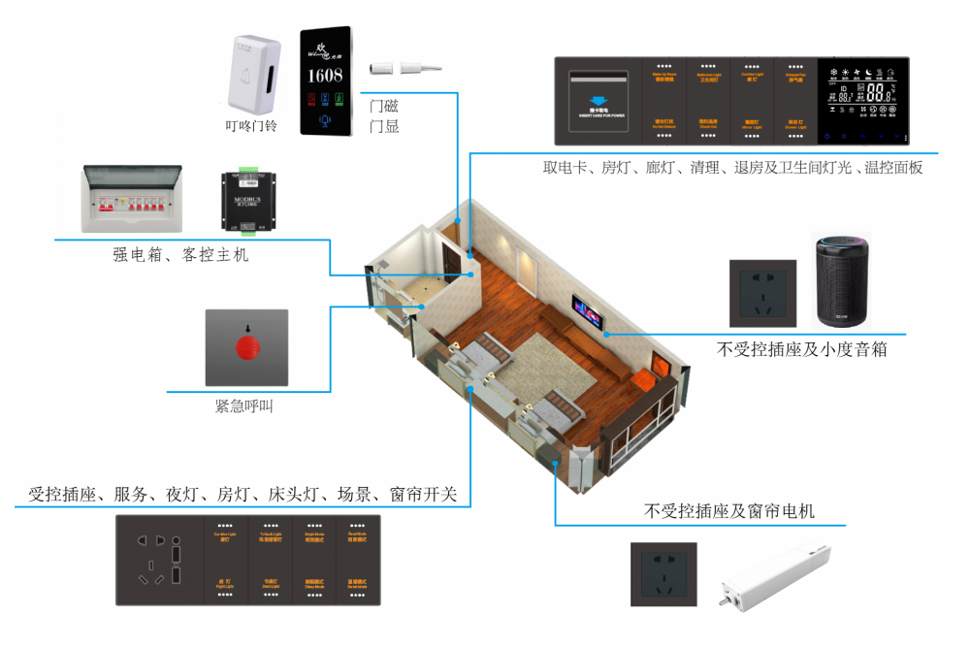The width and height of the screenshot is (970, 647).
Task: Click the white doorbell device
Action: (248, 73)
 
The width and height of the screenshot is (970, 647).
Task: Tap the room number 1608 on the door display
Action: (325, 75)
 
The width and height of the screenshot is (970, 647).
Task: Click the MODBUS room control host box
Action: (250, 202)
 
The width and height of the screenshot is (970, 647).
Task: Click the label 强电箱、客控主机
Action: (180, 255)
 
